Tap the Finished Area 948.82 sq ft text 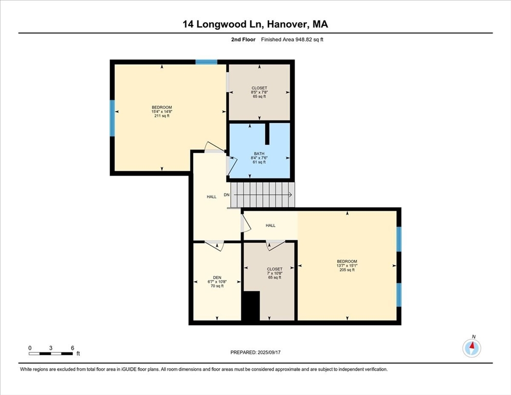coord(293,40)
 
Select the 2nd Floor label coord(243,40)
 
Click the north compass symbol coord(471,347)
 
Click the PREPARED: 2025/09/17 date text coord(255,353)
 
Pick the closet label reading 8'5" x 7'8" coord(260,92)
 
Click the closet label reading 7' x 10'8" coord(275,273)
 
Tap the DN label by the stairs coord(227,195)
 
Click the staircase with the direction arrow coord(263,195)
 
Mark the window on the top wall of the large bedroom coord(206,62)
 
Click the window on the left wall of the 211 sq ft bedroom coord(112,118)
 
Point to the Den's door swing coord(214,246)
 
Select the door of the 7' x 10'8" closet coord(276,245)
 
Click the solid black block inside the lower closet coord(251,306)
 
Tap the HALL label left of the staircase coord(211,197)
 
